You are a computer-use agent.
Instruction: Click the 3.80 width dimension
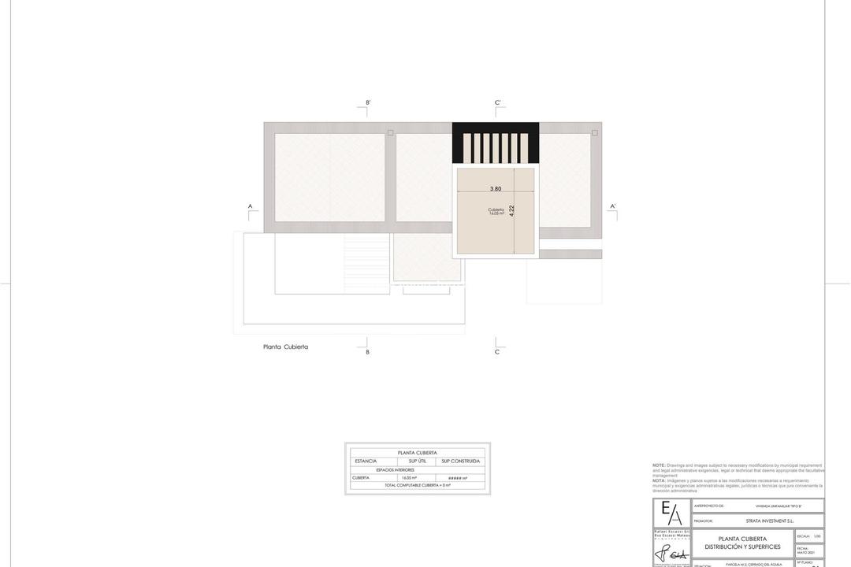[x=496, y=189]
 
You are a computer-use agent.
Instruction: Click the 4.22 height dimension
[x=512, y=210]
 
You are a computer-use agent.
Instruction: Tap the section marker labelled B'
[x=368, y=103]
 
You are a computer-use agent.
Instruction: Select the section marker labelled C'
[x=498, y=103]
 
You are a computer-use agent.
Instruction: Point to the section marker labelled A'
[x=613, y=207]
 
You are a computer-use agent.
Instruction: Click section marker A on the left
[x=251, y=207]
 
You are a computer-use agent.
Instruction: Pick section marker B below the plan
[x=367, y=352]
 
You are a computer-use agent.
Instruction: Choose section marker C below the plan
[x=497, y=352]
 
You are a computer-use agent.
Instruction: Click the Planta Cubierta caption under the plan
[x=285, y=346]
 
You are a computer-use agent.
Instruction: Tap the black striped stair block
[x=496, y=143]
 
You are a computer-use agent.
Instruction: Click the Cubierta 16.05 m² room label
[x=496, y=211]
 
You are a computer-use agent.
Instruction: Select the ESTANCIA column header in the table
[x=366, y=461]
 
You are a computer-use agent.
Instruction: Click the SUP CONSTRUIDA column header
[x=460, y=461]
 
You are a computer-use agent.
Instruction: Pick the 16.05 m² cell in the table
[x=409, y=478]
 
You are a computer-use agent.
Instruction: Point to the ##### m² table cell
[x=458, y=478]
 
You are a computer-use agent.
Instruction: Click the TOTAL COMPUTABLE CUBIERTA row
[x=418, y=485]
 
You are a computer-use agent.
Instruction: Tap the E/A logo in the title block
[x=671, y=513]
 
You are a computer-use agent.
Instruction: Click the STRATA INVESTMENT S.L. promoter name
[x=770, y=521]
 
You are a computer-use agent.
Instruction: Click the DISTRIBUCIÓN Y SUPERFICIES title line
[x=742, y=547]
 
